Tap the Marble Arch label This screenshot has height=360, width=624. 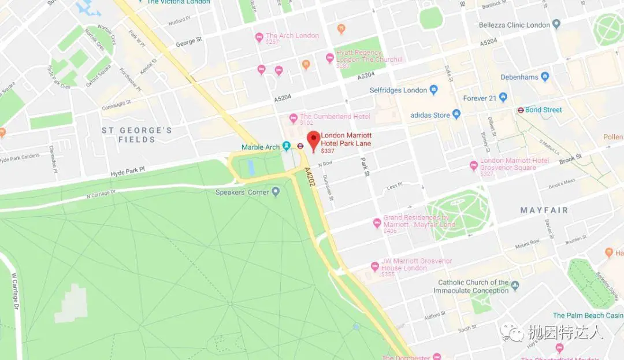point(261,147)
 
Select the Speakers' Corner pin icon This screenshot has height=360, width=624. point(276,191)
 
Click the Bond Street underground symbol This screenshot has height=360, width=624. point(521,110)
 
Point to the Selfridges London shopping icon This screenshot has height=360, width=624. point(434,90)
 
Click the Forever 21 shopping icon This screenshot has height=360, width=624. point(503,98)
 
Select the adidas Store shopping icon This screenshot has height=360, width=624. point(456,114)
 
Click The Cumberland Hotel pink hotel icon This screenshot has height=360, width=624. point(294,118)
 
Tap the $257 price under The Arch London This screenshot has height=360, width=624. point(272,42)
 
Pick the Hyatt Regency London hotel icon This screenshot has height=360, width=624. point(330,58)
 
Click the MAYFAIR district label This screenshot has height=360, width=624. point(544,210)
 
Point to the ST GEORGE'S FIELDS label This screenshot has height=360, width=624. point(137,135)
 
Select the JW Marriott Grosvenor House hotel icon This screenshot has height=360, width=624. point(374,266)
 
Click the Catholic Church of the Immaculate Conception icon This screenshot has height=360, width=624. point(515,285)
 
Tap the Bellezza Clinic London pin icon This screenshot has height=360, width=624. point(556,24)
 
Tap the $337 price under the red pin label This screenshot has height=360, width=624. point(328,151)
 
